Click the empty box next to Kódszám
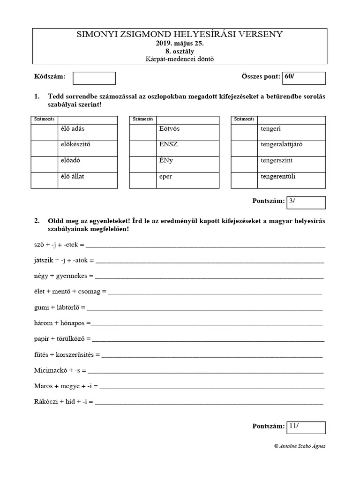tap(94, 78)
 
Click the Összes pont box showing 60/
tap(304, 78)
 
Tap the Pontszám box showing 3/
tap(306, 202)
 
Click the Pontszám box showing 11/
tap(306, 427)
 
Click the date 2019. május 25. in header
tap(180, 43)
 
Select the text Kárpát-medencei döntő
tap(180, 59)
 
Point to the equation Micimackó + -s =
tap(60, 370)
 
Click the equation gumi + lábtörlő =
tap(60, 307)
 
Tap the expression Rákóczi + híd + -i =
tap(64, 402)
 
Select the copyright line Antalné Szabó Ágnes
tap(300, 446)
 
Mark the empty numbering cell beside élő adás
tap(45, 132)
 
